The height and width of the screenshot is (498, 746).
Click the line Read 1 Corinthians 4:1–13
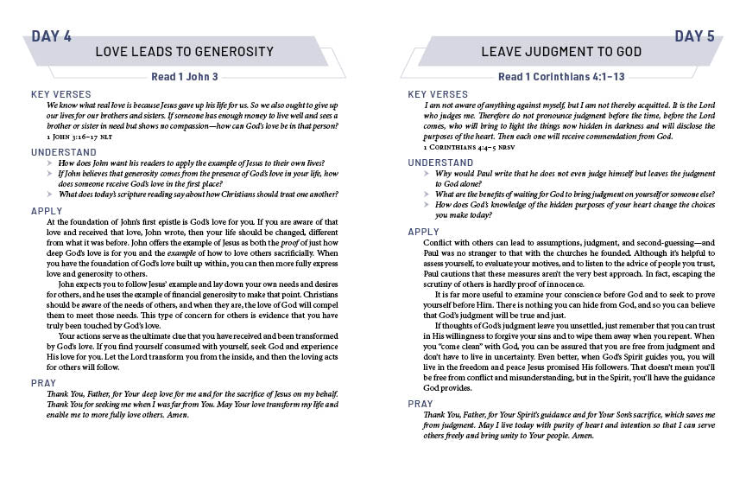click(x=561, y=76)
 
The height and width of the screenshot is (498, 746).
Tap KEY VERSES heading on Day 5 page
click(x=438, y=94)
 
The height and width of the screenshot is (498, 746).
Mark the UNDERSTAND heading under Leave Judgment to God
click(x=440, y=163)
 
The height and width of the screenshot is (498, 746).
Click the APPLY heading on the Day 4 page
click(x=46, y=211)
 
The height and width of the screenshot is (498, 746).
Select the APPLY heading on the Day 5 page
click(x=423, y=232)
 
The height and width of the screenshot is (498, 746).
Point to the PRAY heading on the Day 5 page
click(x=420, y=404)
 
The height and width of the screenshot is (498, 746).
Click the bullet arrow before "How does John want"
click(x=51, y=163)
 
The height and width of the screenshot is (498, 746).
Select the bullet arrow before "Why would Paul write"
click(x=428, y=174)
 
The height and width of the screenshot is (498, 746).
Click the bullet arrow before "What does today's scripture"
click(x=51, y=194)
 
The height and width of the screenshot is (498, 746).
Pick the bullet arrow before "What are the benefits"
click(x=428, y=195)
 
